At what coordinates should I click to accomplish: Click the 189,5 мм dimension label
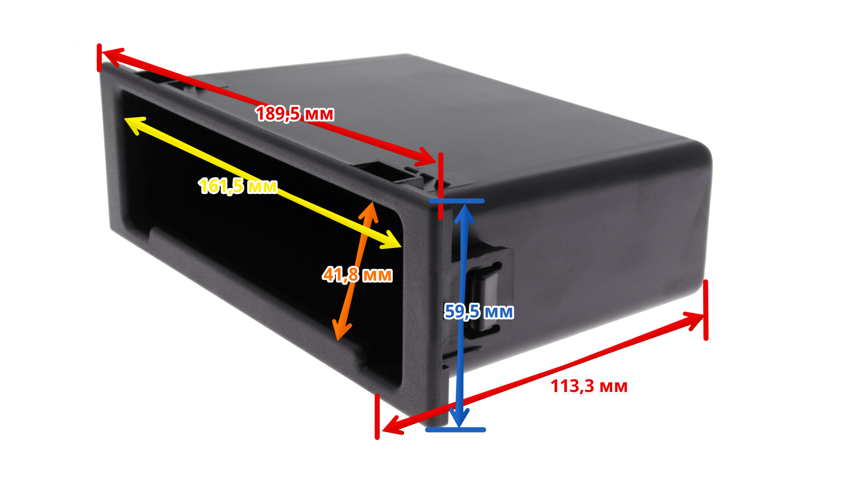coord(294,114)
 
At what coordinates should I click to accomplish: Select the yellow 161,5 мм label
coord(238,186)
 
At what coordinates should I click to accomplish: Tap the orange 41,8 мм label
coord(357,275)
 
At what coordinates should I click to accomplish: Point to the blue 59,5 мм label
coord(479,311)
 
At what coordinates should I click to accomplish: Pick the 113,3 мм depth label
coord(589,386)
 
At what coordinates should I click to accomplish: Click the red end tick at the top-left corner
coord(99,58)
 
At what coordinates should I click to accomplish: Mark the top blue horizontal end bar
coord(457,201)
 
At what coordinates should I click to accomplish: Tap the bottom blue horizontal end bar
coord(456,430)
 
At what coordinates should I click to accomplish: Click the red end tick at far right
coord(706,310)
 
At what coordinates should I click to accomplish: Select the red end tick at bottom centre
coord(377,416)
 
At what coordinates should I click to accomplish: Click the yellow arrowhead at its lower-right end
coord(391,240)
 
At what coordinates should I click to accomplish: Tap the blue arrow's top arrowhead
coord(464,214)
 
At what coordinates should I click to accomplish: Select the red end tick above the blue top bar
coord(441,186)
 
